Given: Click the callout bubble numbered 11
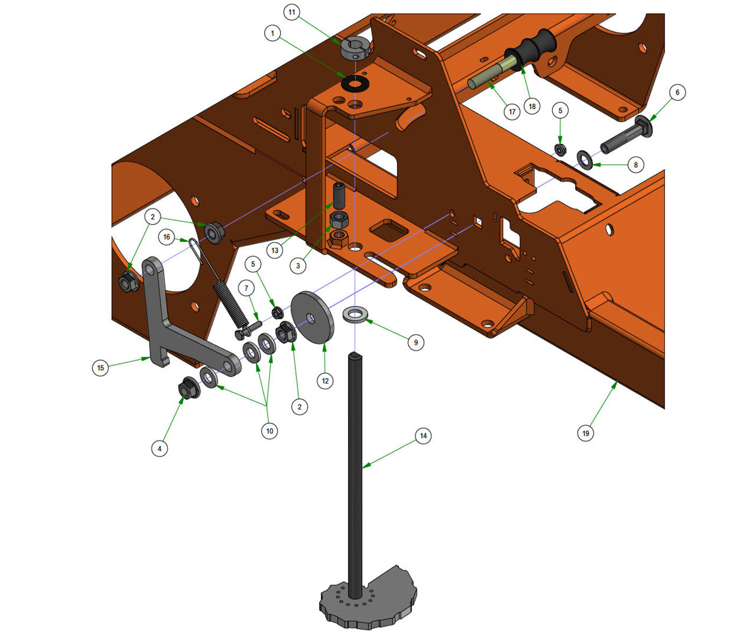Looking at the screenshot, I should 292,12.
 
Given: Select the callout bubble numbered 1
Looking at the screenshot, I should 272,34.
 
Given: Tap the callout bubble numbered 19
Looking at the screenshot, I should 585,433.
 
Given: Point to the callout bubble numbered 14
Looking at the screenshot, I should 423,436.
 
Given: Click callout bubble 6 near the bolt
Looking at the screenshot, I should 677,92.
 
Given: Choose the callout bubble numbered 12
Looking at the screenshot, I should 325,381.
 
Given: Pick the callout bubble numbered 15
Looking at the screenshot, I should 100,368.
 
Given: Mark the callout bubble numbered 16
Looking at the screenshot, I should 167,237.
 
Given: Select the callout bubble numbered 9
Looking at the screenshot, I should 415,342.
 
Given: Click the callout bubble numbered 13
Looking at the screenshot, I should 275,250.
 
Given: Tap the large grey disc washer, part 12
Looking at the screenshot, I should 312,318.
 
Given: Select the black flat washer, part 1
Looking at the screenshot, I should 356,83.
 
